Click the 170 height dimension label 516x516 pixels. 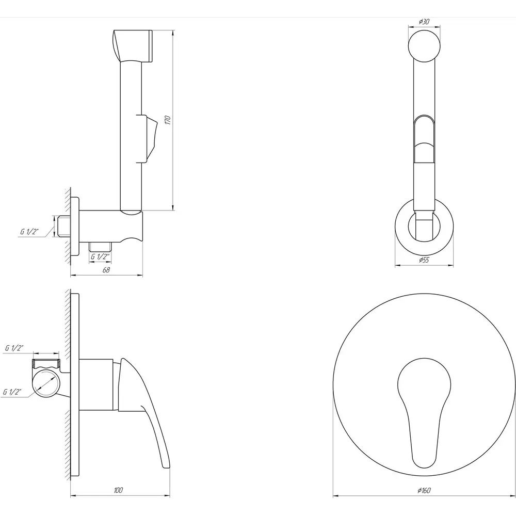pyautogui.click(x=168, y=120)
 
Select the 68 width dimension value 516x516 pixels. pyautogui.click(x=106, y=270)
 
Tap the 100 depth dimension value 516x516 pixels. pyautogui.click(x=119, y=490)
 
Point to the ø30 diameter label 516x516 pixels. pyautogui.click(x=424, y=22)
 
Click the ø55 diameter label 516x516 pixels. pyautogui.click(x=424, y=260)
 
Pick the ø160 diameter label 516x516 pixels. pyautogui.click(x=424, y=490)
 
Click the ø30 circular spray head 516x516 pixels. pyautogui.click(x=424, y=46)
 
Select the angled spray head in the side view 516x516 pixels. pyautogui.click(x=132, y=46)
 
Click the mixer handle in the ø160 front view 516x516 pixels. pyautogui.click(x=424, y=411)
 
